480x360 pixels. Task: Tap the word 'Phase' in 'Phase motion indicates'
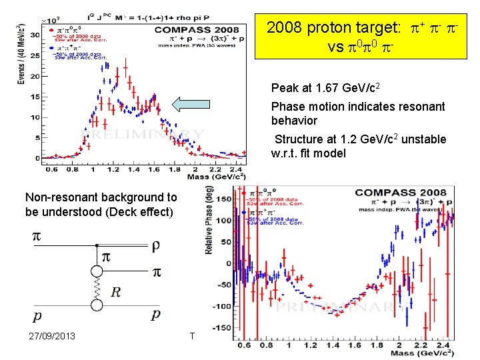[287, 107]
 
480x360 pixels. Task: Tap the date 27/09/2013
[52, 335]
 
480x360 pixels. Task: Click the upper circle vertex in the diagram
[98, 272]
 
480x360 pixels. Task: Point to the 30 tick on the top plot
[34, 35]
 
